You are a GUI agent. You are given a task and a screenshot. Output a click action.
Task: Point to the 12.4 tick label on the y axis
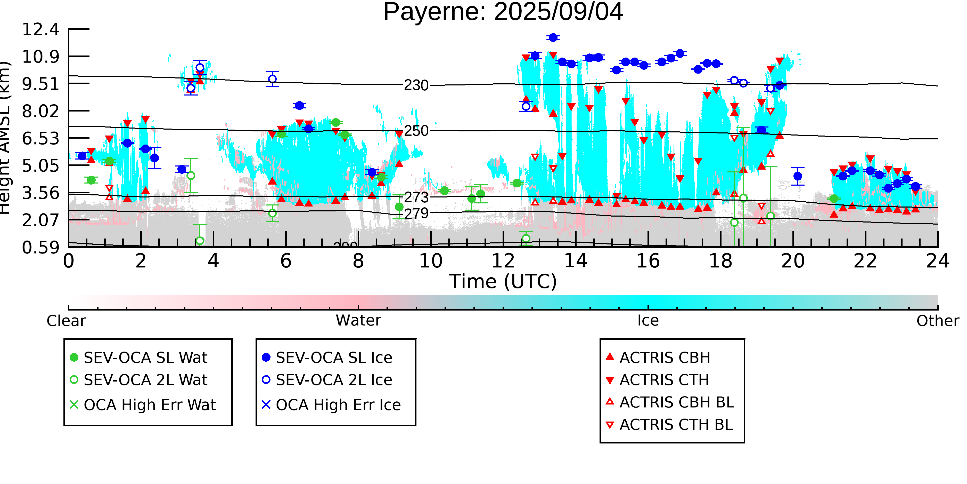(x=40, y=29)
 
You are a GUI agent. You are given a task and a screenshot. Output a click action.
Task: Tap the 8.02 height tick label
(x=40, y=111)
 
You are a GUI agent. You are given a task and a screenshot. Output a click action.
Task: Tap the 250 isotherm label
(x=416, y=131)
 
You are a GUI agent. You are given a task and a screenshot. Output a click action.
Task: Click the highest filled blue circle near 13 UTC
(x=553, y=38)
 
